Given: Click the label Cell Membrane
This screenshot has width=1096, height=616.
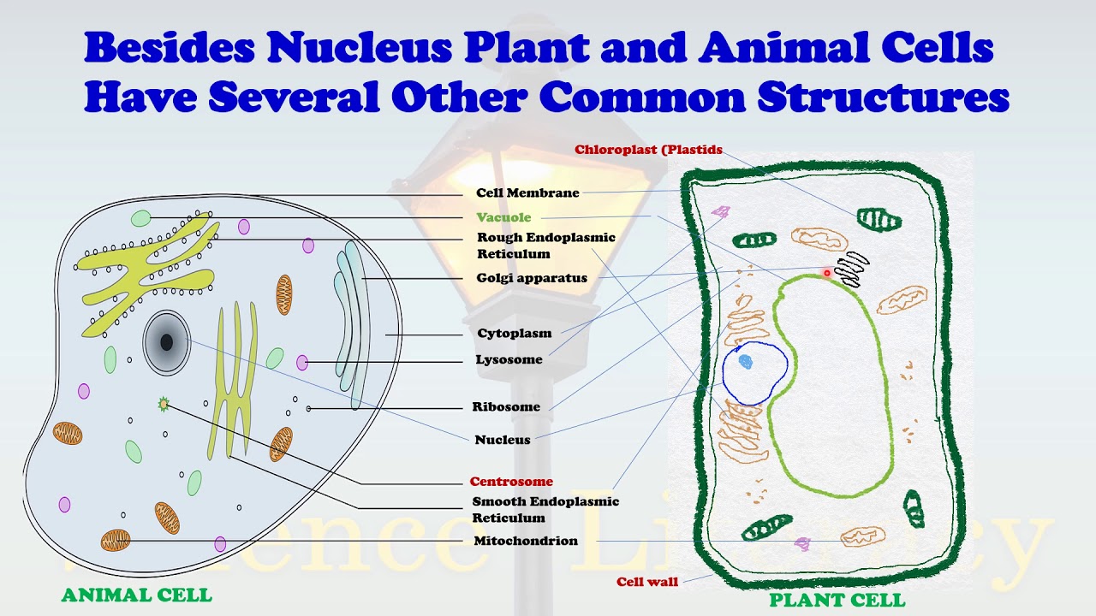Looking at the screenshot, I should click(527, 193).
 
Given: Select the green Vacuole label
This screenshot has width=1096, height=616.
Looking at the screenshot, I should click(503, 217).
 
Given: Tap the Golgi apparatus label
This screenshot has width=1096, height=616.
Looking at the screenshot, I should click(532, 278).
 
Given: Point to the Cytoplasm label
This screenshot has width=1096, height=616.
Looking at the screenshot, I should click(514, 334).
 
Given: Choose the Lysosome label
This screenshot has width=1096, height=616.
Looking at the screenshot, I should click(509, 360).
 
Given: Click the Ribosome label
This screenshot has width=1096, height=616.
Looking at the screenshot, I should click(506, 407).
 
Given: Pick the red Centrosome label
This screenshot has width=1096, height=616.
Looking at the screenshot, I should click(511, 482).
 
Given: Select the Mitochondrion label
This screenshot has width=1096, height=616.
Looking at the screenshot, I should click(526, 542).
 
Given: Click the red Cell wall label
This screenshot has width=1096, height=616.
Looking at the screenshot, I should click(647, 583).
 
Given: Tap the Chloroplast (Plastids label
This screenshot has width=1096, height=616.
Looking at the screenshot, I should click(648, 151).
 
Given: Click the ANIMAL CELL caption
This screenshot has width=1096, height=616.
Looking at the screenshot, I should click(136, 595).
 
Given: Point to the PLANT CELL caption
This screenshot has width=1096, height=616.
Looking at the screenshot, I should click(837, 601).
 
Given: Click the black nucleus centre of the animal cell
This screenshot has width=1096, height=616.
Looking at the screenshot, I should click(166, 342).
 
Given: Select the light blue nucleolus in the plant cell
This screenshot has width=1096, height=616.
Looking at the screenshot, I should click(745, 362).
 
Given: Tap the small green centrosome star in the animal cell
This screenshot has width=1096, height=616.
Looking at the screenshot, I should click(164, 404).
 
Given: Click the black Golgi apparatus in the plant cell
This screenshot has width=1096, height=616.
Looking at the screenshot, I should click(852, 269).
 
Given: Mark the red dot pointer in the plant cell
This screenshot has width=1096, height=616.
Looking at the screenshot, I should click(827, 274).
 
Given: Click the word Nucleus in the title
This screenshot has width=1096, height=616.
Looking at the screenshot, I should click(359, 49).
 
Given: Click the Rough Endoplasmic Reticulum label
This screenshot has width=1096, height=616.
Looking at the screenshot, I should click(546, 246).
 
